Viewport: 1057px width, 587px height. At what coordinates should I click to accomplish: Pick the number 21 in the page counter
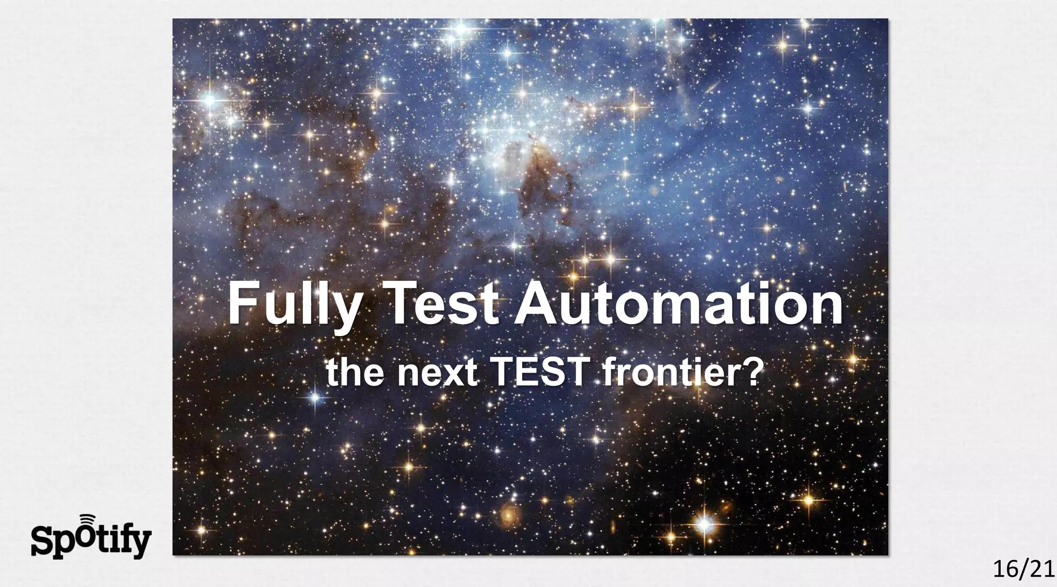(x=1041, y=570)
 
